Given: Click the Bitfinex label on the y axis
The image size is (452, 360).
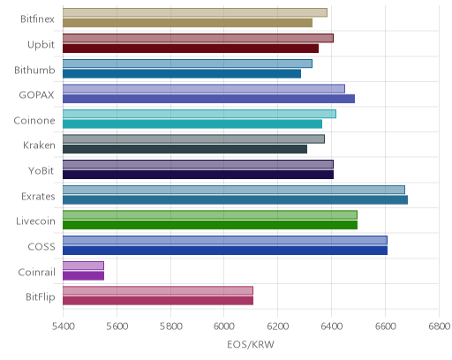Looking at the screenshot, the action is (37, 19).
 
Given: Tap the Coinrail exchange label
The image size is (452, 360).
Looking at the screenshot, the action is (36, 272).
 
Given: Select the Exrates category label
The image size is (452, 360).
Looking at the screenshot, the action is (38, 196).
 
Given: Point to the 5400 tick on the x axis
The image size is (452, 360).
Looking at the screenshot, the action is (63, 326).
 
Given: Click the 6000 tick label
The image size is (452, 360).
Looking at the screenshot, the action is (224, 326).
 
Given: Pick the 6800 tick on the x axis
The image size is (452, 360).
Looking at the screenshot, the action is (439, 326).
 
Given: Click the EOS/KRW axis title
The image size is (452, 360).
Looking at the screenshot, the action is (251, 344).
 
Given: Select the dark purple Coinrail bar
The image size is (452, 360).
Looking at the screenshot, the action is (83, 276).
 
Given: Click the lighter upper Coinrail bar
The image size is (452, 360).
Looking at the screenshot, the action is (83, 266).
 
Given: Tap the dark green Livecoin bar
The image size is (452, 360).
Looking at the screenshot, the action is (210, 225).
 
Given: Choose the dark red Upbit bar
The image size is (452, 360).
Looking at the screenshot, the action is (191, 49).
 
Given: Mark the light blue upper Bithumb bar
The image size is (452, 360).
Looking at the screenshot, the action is (187, 64).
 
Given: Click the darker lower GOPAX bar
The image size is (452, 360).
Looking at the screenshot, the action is (208, 99).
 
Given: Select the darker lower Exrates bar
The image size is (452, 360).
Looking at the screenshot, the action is (235, 200).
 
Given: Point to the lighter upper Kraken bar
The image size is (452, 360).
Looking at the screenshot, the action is (193, 139).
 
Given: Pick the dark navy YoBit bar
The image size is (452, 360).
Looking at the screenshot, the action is (198, 175).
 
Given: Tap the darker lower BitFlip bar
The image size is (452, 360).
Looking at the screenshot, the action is (158, 301).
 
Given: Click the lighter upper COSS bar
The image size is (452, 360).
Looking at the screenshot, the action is (225, 240).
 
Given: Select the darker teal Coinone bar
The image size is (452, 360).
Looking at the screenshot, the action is (192, 124).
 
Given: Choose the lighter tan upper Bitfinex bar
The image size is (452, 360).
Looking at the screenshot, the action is (195, 13).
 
